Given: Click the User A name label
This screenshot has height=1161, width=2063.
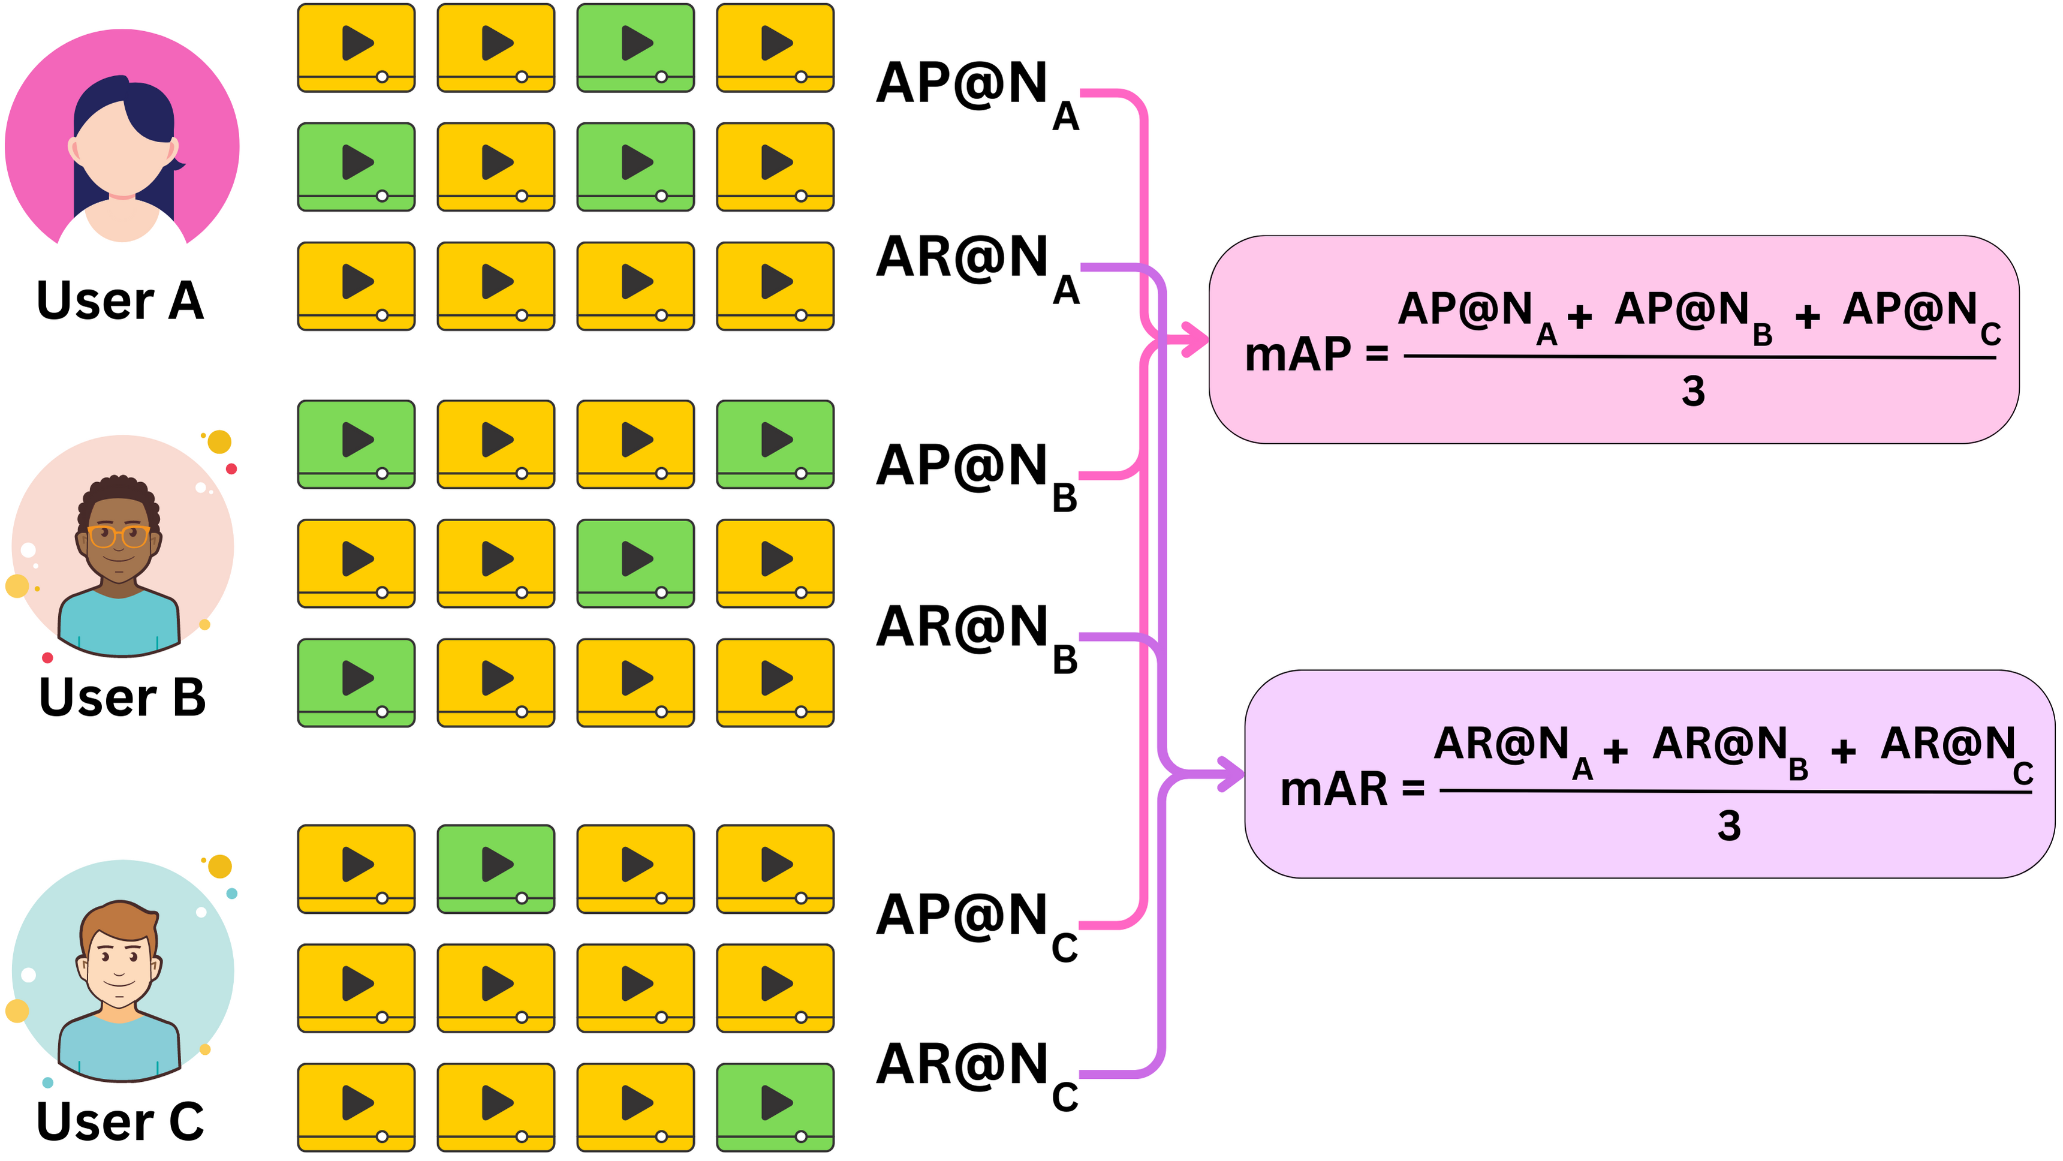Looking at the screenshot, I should [120, 300].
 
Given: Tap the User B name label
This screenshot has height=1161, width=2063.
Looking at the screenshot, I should [122, 697].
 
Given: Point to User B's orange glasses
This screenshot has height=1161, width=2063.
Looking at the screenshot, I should [119, 536].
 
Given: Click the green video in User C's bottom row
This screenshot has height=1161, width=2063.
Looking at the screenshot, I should [775, 1107].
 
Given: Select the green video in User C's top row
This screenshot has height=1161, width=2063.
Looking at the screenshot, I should [496, 868].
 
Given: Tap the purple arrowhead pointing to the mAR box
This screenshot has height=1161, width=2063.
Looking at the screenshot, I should [1231, 774].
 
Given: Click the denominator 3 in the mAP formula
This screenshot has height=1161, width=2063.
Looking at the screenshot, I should [1693, 392].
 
